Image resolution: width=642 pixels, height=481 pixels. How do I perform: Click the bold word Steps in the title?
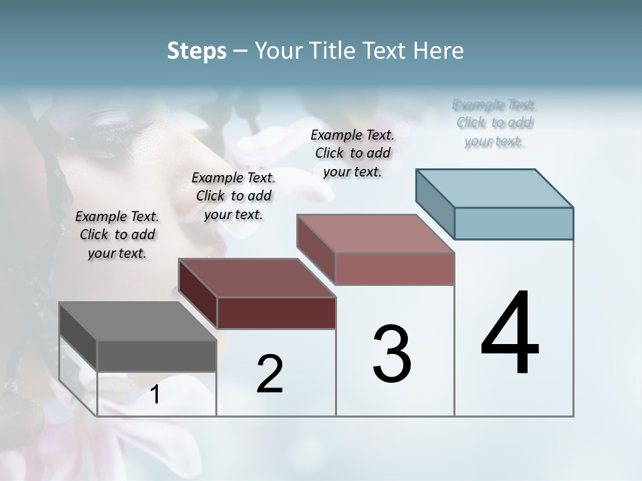(197, 51)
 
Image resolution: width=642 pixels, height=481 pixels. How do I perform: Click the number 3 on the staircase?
(392, 354)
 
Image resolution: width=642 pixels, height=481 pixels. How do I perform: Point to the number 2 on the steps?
(270, 374)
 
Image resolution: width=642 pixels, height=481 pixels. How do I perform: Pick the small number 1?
(155, 394)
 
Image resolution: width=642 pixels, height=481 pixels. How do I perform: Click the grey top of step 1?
(137, 321)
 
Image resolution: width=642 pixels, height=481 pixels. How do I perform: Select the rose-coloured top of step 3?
(376, 234)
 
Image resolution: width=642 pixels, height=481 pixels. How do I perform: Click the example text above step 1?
(117, 234)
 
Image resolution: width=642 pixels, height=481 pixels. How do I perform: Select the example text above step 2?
(233, 196)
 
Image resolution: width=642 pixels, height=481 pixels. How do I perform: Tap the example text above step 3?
(352, 153)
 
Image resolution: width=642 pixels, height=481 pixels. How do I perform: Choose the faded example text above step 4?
(494, 123)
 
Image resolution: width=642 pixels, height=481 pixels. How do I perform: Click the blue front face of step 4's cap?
(514, 223)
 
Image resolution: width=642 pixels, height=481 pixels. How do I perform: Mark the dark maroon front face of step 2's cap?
(276, 313)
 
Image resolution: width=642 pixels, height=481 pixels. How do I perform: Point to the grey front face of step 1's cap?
(157, 355)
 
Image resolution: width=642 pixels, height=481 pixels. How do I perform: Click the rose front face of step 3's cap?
(395, 269)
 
